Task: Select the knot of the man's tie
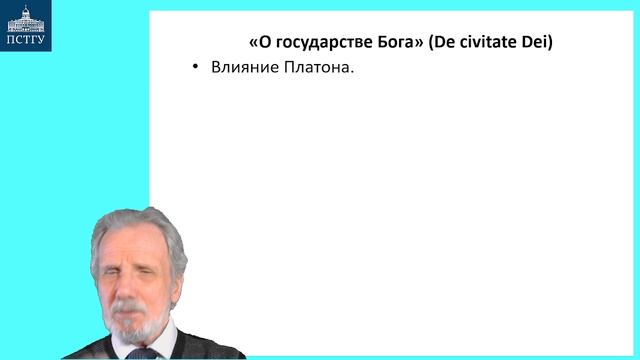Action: [x=142, y=353]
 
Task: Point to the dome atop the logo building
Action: [x=27, y=9]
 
